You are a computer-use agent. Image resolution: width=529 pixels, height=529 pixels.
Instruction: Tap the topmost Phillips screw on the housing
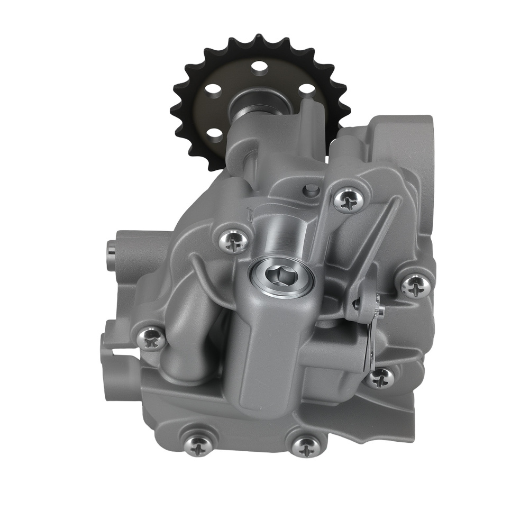[349, 199]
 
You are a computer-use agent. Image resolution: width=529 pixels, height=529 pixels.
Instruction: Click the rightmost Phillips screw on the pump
[415, 286]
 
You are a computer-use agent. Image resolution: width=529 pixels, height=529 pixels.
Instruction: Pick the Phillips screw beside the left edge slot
[151, 339]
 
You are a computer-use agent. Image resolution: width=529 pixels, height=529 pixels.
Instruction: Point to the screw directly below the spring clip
[380, 378]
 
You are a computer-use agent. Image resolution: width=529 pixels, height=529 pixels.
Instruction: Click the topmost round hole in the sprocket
[259, 68]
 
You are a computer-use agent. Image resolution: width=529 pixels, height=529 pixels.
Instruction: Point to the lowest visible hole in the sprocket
[215, 133]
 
